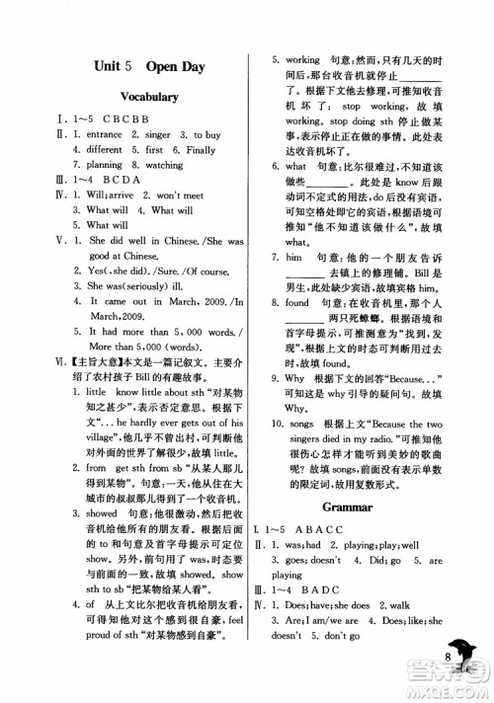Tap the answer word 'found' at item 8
coord(297,303)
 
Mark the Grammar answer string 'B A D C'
coord(334,595)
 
